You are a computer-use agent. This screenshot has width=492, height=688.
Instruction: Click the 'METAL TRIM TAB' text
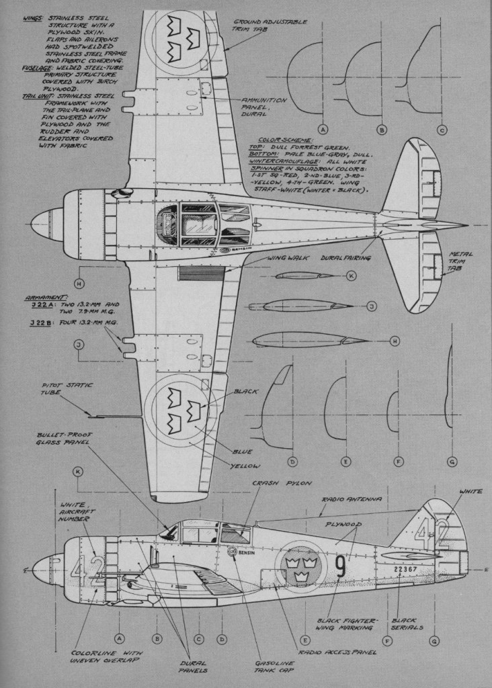(462, 263)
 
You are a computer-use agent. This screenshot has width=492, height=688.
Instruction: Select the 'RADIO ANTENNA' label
(352, 500)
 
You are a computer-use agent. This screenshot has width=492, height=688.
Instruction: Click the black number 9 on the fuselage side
(340, 566)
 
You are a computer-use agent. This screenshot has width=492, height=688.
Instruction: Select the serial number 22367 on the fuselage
(391, 568)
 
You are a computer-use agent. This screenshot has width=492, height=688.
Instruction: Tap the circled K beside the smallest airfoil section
(351, 275)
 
